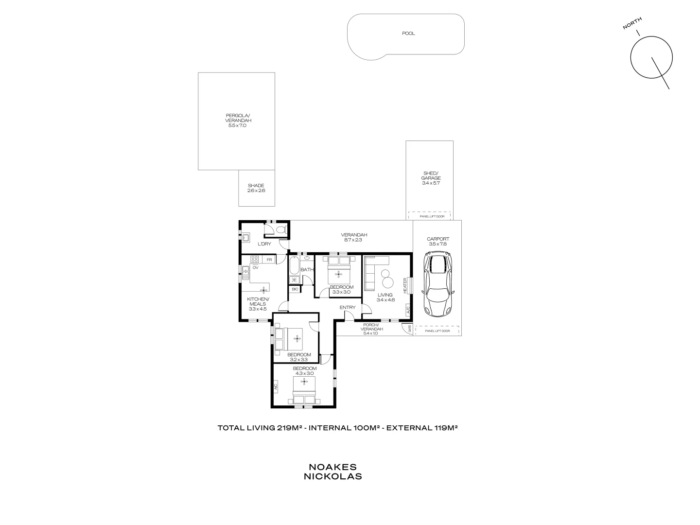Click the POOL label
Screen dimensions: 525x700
pyautogui.click(x=408, y=34)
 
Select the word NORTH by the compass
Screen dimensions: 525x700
pyautogui.click(x=632, y=23)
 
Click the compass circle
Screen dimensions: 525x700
pyautogui.click(x=651, y=57)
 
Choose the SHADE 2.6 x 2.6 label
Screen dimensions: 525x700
pyautogui.click(x=256, y=188)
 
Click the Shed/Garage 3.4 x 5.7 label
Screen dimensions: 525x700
pyautogui.click(x=431, y=178)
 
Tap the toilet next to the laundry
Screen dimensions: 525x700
pyautogui.click(x=280, y=229)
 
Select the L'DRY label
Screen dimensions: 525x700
pyautogui.click(x=264, y=244)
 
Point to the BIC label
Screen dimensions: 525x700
pyautogui.click(x=295, y=289)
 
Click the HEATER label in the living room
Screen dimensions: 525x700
pyautogui.click(x=404, y=285)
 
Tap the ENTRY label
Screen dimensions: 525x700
pyautogui.click(x=347, y=307)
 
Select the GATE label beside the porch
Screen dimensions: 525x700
pyautogui.click(x=409, y=329)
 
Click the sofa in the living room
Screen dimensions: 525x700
pyautogui.click(x=369, y=271)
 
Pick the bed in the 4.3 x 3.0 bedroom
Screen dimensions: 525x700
pyautogui.click(x=304, y=390)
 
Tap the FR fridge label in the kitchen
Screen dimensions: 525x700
pyautogui.click(x=269, y=260)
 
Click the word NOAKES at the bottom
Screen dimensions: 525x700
pyautogui.click(x=332, y=467)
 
